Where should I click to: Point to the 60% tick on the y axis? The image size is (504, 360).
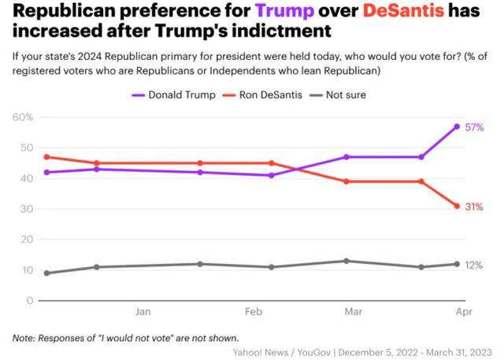(22, 117)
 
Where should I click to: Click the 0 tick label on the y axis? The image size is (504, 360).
(29, 301)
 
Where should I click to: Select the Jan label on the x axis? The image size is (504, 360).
(143, 312)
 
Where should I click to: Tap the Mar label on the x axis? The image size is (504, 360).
(354, 312)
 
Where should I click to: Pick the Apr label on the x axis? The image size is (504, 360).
(463, 312)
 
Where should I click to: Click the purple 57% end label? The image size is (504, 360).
(474, 127)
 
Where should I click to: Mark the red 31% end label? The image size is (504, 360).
(474, 206)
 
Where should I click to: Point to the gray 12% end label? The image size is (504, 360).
(474, 265)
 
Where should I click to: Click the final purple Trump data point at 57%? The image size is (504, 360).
(457, 126)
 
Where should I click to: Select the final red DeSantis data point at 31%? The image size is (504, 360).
(457, 206)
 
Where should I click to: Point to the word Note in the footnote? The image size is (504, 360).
(24, 338)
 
